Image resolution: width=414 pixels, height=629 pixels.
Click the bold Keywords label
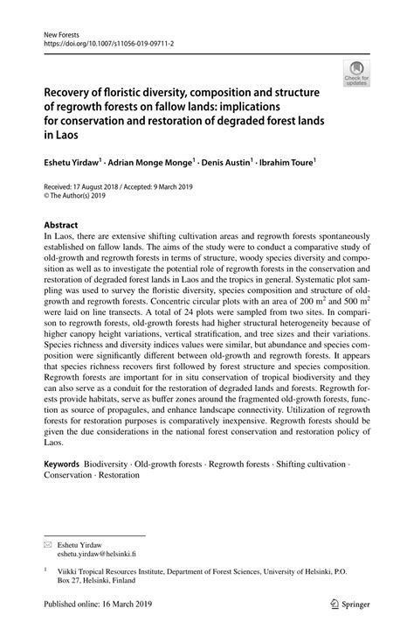62,464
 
